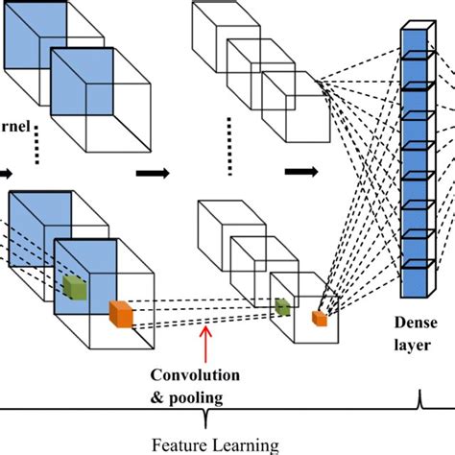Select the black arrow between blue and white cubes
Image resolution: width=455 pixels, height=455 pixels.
[x=150, y=174]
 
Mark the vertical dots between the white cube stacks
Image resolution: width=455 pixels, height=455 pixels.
[x=231, y=158]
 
